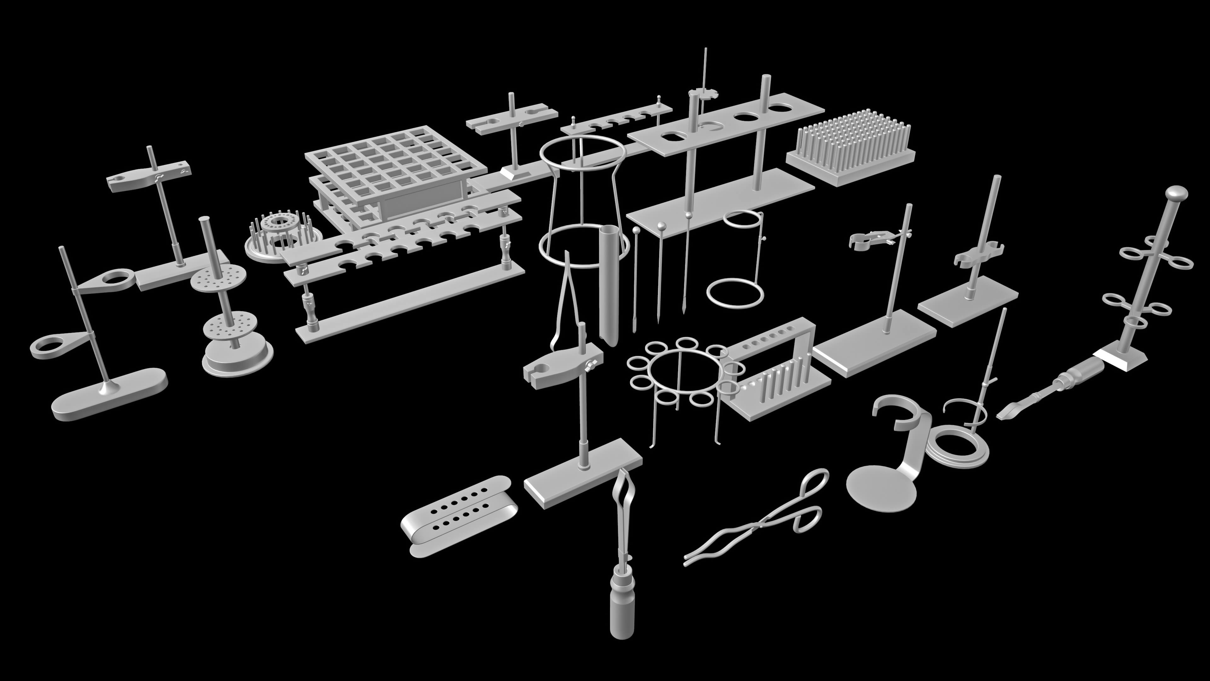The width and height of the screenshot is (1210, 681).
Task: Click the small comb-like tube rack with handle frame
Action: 775,371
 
